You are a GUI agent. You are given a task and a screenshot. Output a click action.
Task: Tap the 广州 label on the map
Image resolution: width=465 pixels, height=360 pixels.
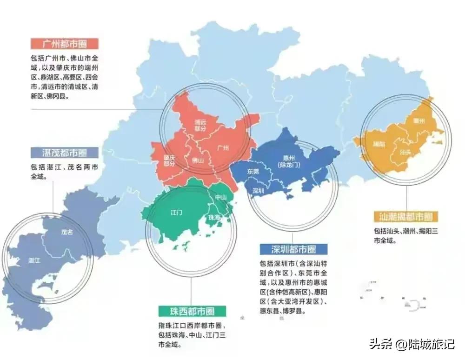coord(223,148)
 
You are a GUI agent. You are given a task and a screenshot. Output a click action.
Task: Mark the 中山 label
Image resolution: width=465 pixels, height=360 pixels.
coord(220,197)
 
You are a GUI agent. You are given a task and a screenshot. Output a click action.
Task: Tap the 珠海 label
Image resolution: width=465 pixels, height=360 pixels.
coord(214,217)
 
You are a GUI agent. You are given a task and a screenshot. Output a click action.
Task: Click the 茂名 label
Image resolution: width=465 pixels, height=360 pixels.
coord(67,232)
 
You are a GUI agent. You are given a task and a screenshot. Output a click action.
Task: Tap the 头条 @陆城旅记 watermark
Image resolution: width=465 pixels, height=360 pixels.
coord(412,345)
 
